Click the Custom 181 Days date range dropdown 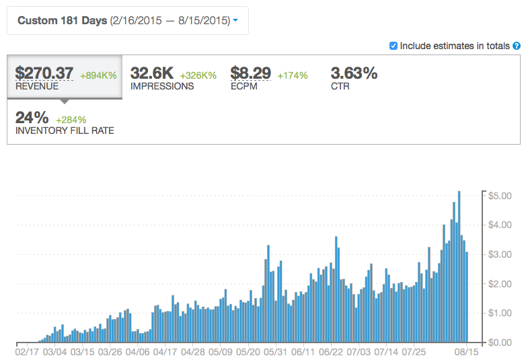pos(127,21)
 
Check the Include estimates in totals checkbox pos(393,46)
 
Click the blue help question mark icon pos(517,46)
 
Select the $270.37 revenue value pos(45,73)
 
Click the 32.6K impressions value pos(151,73)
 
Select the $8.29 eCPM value pos(251,73)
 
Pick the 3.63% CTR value pos(354,73)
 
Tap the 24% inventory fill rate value pos(32,116)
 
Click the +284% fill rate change pos(71,120)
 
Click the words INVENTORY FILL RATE pos(65,131)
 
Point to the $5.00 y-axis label pos(502,196)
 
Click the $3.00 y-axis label pos(502,254)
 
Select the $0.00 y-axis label pos(502,343)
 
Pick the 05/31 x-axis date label pos(276,351)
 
